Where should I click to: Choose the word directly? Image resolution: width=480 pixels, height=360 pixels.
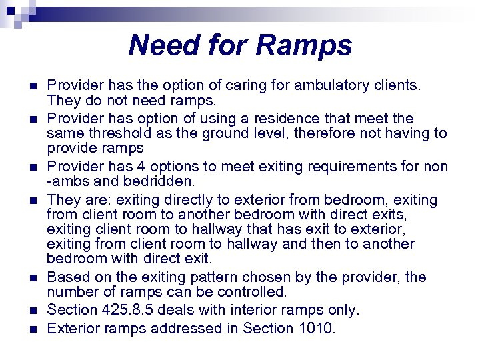(x=187, y=200)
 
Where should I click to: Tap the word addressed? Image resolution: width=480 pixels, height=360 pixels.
(x=194, y=328)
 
